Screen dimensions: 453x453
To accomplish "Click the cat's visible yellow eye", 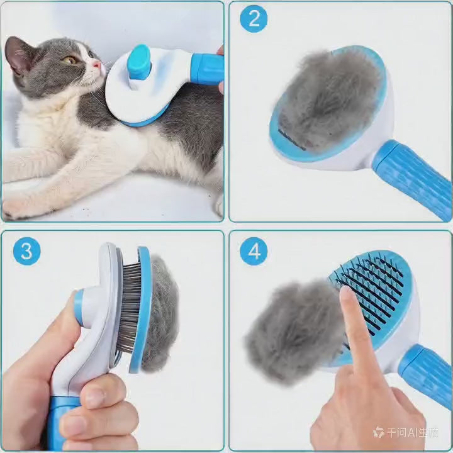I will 71,60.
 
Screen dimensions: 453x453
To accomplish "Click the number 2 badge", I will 254,19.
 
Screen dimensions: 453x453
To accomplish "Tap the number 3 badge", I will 26,251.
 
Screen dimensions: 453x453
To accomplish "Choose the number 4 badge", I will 254,251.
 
